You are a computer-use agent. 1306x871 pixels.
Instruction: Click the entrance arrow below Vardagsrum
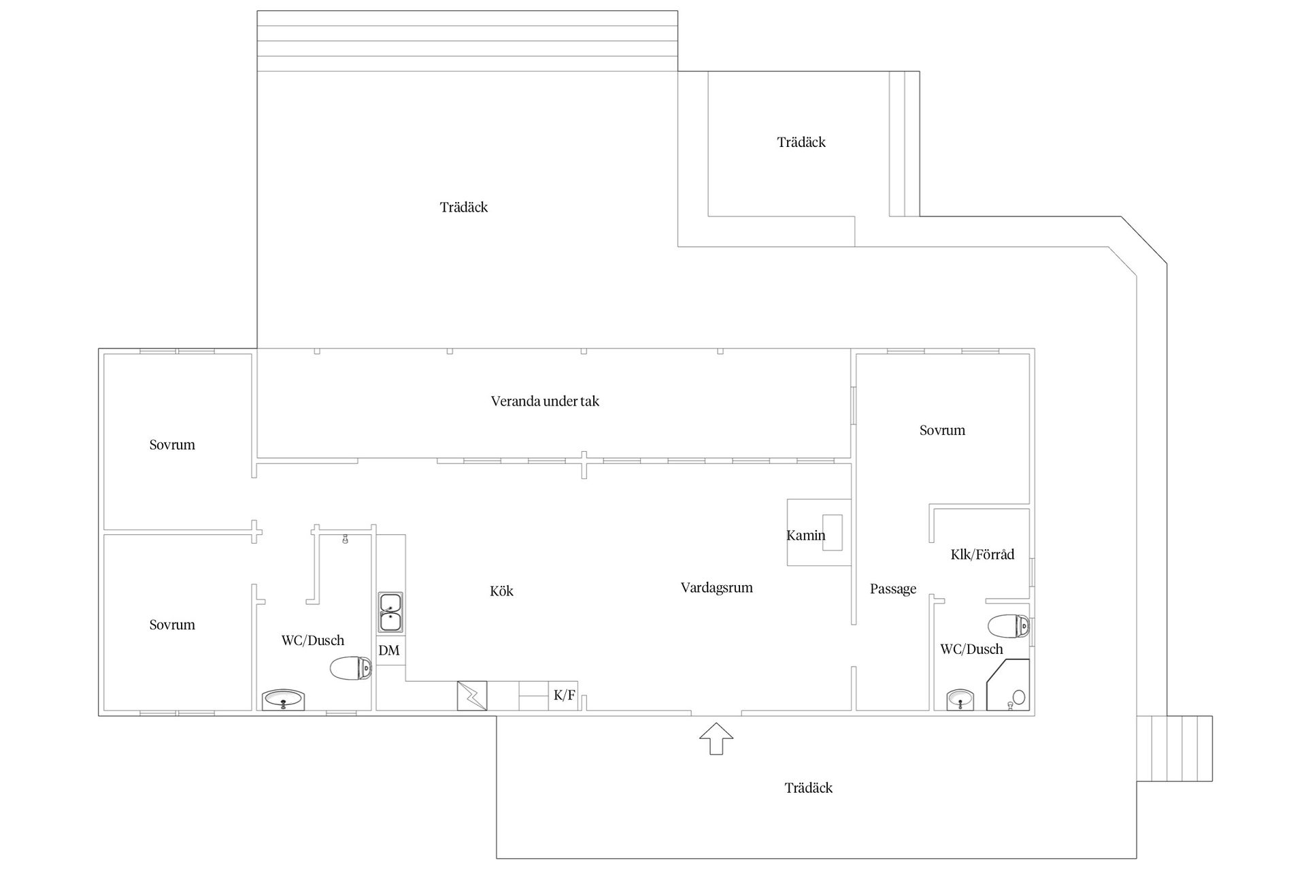[716, 738]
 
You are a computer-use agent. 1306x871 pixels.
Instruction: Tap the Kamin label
[806, 536]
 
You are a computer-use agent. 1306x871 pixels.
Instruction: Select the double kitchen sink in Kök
[390, 612]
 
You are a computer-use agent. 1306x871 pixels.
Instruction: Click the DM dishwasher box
[390, 651]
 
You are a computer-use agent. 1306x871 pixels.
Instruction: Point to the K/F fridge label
[564, 695]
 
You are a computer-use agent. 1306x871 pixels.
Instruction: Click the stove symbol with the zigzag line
[472, 695]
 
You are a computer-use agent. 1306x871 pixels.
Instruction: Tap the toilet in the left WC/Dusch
[351, 669]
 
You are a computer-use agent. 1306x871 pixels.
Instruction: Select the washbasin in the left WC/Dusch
[284, 700]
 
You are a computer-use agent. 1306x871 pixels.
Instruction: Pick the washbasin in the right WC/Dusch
[960, 700]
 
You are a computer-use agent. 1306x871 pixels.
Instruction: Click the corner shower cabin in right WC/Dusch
[1008, 685]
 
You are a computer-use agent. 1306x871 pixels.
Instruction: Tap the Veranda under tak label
[545, 401]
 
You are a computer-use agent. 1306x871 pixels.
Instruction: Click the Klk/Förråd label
[982, 555]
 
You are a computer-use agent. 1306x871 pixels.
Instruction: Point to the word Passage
[893, 589]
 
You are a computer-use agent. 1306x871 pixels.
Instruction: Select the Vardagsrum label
[717, 588]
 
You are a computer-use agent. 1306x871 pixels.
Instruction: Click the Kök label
[502, 591]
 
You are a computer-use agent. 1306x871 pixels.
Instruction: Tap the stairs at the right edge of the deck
[1175, 749]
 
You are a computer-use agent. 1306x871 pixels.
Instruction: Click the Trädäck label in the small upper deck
[801, 142]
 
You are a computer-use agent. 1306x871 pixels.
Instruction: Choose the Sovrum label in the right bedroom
[942, 430]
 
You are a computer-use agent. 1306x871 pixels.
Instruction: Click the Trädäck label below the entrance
[809, 788]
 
